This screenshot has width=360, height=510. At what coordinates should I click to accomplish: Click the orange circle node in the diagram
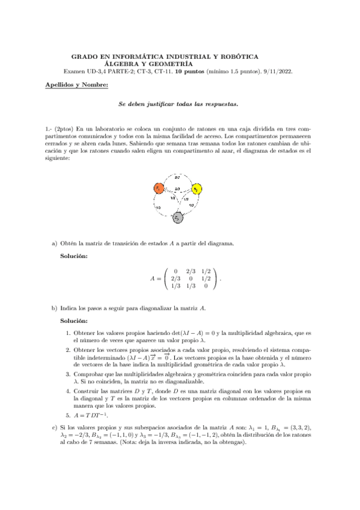(x=158, y=188)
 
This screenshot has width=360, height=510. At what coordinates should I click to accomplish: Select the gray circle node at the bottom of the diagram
(x=177, y=218)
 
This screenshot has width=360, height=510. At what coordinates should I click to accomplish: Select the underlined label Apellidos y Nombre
(x=77, y=85)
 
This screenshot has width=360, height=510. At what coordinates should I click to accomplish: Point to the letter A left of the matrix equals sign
(x=152, y=278)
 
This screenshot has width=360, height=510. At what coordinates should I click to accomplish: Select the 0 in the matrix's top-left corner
(x=175, y=271)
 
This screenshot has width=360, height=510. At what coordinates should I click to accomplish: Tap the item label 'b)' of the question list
(x=54, y=308)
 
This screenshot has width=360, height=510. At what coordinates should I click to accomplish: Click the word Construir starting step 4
(x=86, y=390)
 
